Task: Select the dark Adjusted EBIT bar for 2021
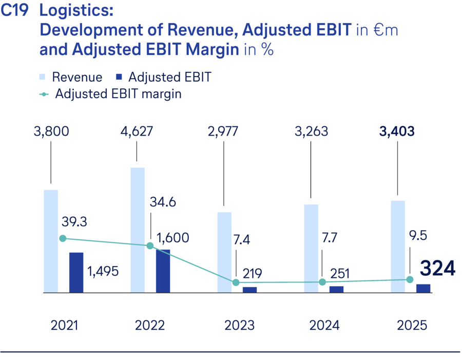point(76,273)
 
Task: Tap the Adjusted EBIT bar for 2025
point(423,288)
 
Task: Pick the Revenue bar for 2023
point(224,252)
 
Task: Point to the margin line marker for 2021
point(63,238)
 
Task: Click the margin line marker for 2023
point(236,282)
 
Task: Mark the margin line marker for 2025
point(410,279)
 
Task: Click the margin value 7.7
point(321,238)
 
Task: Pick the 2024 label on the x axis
point(324,325)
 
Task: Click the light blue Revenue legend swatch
point(43,77)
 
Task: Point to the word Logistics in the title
point(76,11)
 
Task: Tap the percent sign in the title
point(267,50)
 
